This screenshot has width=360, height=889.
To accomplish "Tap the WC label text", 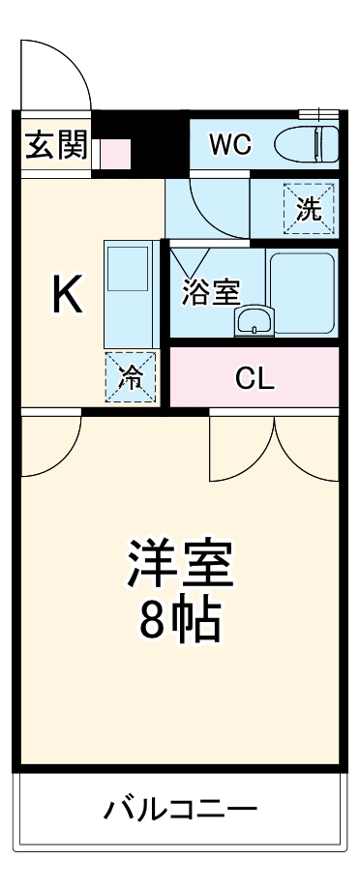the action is pos(231,145).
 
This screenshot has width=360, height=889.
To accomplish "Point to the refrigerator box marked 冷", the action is pos(130,377).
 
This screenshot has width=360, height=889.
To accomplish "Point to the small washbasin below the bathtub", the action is pos(253,322).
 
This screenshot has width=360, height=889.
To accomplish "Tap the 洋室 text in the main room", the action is pos(179,565).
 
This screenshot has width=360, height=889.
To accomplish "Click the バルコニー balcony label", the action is pos(179,808).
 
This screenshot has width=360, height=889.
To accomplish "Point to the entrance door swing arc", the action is pos(53,73).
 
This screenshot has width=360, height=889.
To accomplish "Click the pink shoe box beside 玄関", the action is pos(115,152).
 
